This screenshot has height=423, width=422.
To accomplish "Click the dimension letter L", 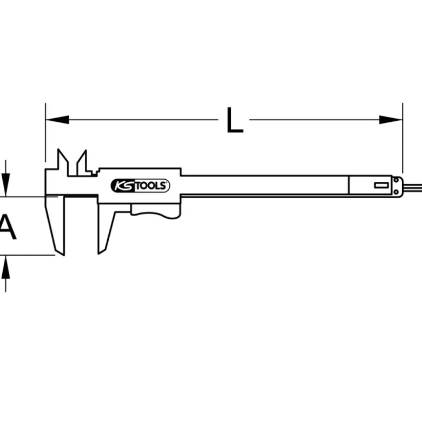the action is (x=235, y=120).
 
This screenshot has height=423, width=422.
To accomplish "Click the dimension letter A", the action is (x=8, y=226).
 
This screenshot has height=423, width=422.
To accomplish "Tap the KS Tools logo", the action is (x=140, y=186).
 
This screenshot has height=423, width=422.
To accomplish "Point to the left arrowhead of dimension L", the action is (x=57, y=120).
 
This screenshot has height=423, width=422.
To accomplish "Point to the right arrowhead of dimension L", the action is (x=391, y=120).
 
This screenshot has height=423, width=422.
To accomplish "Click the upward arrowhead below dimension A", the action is (x=5, y=267).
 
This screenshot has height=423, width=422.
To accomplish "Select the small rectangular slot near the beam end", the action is (x=381, y=185).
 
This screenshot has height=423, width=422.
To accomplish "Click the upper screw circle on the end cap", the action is (x=396, y=180).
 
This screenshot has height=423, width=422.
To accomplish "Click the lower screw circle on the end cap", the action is (x=396, y=192).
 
